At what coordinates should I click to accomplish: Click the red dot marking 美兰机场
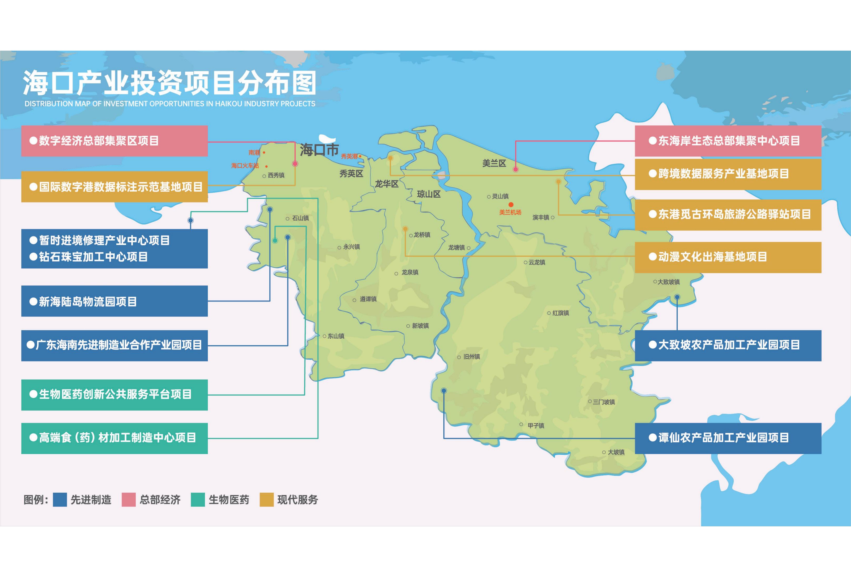point(511,205)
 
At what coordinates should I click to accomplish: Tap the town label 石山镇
point(300,218)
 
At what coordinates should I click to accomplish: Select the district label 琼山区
point(428,194)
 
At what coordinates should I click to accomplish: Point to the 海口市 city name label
point(319,150)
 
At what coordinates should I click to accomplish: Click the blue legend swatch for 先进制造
point(60,500)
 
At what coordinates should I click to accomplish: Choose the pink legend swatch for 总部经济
point(129,500)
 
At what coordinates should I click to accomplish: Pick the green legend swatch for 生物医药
point(198,500)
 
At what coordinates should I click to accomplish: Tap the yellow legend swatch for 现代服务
point(267,500)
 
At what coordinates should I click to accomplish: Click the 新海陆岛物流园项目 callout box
point(114,301)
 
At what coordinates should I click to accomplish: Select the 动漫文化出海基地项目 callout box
point(728,257)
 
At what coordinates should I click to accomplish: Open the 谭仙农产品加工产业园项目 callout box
point(728,438)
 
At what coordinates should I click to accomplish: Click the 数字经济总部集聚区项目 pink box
point(114,141)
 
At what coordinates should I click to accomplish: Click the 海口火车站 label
point(245,166)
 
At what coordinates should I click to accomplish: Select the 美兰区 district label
point(494,163)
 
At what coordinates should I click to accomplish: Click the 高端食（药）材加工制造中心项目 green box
point(114,438)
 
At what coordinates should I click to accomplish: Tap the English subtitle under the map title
point(170,104)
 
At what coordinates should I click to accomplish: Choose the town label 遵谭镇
point(368,299)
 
